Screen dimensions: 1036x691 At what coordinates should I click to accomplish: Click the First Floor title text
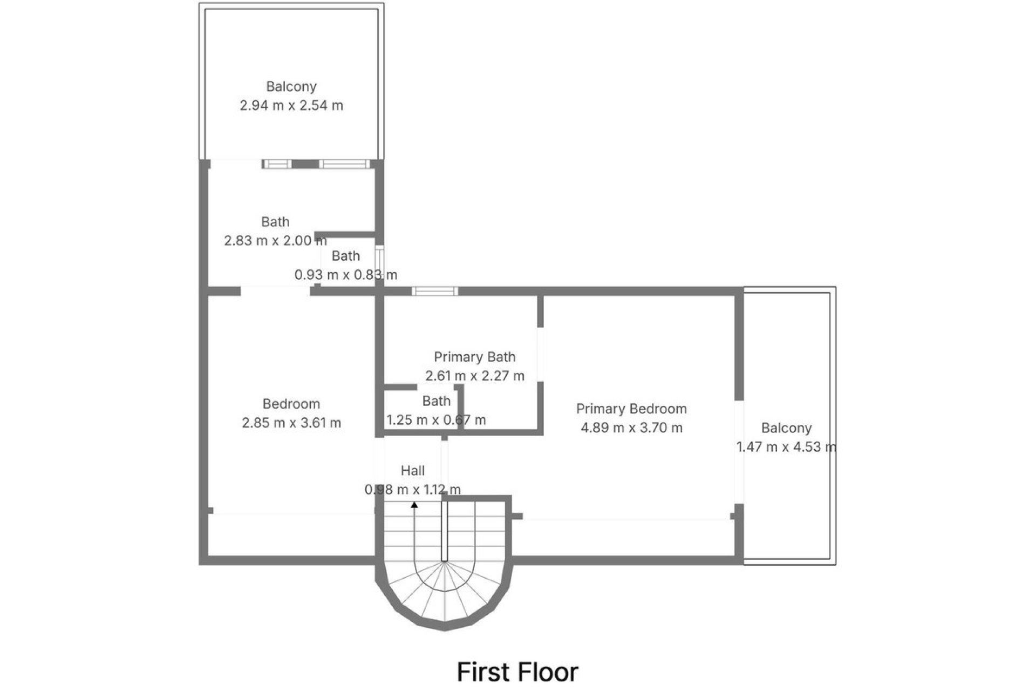point(517,672)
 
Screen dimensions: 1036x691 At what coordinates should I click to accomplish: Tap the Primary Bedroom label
point(631,409)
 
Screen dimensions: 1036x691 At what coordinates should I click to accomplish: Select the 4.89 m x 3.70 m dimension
point(631,428)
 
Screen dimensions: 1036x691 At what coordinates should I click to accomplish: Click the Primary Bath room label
point(474,357)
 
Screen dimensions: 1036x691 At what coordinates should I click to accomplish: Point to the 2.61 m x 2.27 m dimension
point(474,376)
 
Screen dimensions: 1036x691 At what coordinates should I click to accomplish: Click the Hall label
point(413,471)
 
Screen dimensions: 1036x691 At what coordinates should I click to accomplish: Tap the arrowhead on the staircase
point(414,505)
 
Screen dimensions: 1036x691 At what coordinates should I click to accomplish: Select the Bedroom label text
point(291,404)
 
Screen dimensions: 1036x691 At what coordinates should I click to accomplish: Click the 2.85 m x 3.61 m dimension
point(291,423)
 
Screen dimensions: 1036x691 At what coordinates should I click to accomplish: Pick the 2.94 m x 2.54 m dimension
point(291,105)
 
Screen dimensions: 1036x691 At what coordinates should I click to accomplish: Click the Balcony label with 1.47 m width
point(786,428)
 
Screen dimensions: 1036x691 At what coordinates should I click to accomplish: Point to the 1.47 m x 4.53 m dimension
point(786,447)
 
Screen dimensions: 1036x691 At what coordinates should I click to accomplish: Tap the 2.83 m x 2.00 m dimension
point(275,240)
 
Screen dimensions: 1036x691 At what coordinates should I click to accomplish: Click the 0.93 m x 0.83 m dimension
point(346,275)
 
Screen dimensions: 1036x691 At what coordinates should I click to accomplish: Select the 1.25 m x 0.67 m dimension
point(436,420)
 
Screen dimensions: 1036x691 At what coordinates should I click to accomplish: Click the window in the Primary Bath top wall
point(435,292)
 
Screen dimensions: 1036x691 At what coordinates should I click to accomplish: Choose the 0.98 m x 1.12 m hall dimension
point(413,490)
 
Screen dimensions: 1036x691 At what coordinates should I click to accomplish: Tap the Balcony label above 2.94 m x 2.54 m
point(291,86)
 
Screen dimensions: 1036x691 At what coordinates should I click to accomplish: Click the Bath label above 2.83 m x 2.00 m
point(275,222)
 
